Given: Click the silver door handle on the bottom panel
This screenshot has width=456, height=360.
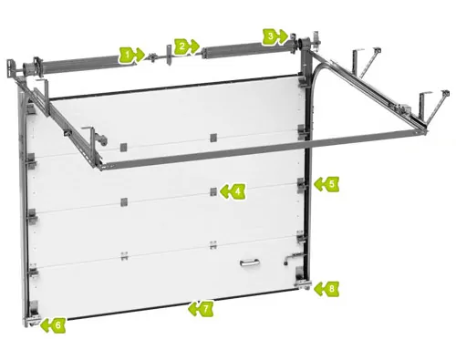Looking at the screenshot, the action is point(249,262).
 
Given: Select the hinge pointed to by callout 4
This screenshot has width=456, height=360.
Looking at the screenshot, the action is point(213,191).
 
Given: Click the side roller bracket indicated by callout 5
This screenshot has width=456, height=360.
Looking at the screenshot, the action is point(302,185).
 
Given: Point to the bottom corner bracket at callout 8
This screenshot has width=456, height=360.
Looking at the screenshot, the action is point(303,278).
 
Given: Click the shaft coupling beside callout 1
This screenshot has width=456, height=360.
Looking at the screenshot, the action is point(151,57).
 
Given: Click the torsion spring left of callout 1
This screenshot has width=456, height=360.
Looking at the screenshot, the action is point(79,63).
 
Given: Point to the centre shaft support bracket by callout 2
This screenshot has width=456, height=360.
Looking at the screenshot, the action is point(169,55).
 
